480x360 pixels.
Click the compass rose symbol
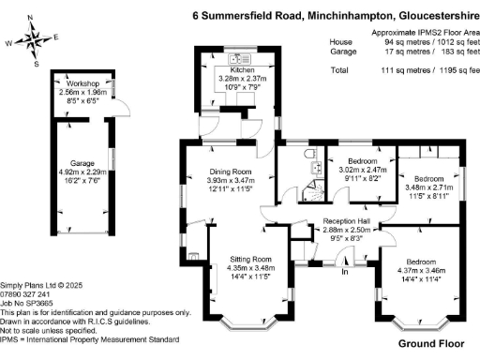[x=35, y=38]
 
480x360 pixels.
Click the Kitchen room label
[x=231, y=70]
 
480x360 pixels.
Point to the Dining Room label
[x=230, y=172]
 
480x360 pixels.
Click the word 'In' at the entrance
[x=344, y=272]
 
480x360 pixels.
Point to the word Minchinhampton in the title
[x=342, y=15]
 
